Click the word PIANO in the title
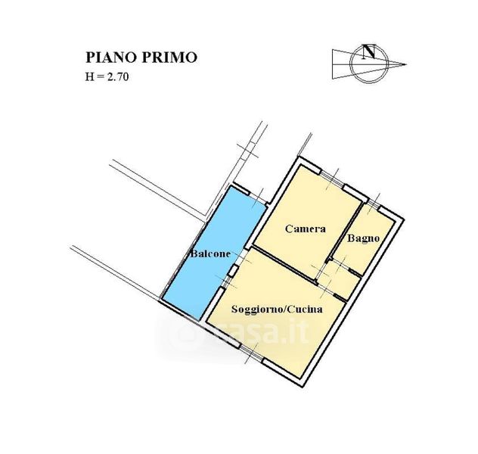[x=111, y=58]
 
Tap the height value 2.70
[x=117, y=76]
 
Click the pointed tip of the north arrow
[x=406, y=64]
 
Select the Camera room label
[x=305, y=229]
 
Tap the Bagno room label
[x=363, y=238]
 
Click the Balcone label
[x=210, y=253]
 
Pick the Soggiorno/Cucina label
[x=277, y=309]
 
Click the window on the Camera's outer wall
[x=332, y=179]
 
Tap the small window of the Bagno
[x=373, y=204]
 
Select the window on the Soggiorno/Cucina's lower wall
[x=251, y=353]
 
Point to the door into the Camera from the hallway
[x=319, y=272]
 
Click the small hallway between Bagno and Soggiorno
[x=339, y=280]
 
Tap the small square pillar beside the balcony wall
[x=234, y=271]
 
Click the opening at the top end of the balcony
[x=259, y=199]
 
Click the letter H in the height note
[x=89, y=76]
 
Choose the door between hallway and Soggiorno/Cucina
[x=325, y=290]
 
